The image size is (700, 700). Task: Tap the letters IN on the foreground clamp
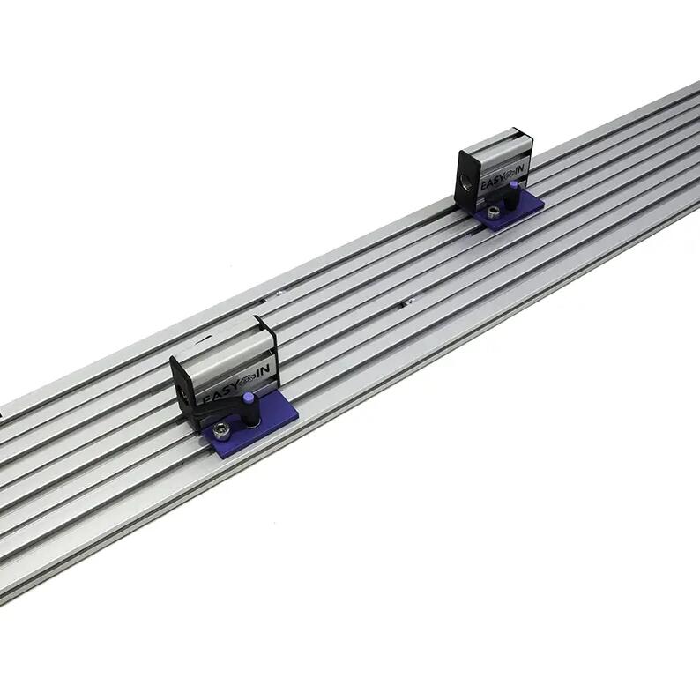point(264,370)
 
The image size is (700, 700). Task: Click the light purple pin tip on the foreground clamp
point(249,398)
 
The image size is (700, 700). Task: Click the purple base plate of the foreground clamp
point(252,424)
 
